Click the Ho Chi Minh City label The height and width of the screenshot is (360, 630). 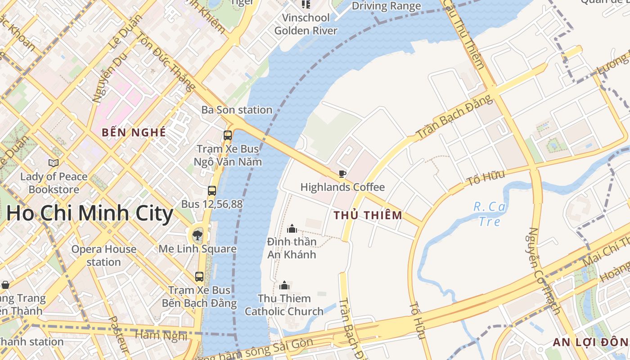click(x=90, y=213)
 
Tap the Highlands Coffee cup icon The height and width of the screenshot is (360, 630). click(x=342, y=174)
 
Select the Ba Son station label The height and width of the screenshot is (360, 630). click(x=237, y=110)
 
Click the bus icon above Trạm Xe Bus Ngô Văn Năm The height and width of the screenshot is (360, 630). click(x=228, y=135)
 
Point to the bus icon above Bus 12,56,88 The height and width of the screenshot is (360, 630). click(x=212, y=191)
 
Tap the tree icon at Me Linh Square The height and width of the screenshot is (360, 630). click(x=197, y=235)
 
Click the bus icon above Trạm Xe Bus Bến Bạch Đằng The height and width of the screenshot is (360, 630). click(x=199, y=277)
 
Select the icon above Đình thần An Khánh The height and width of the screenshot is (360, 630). click(x=292, y=229)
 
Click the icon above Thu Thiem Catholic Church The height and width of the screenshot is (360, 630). click(x=284, y=285)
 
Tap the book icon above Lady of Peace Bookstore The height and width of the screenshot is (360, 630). click(x=54, y=163)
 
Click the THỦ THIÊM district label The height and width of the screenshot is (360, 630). click(x=368, y=215)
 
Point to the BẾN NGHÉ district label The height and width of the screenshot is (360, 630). click(x=134, y=132)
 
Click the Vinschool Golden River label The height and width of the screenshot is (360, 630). click(x=306, y=24)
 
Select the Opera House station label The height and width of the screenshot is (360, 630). click(x=103, y=256)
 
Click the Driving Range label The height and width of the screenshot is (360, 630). click(x=386, y=6)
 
